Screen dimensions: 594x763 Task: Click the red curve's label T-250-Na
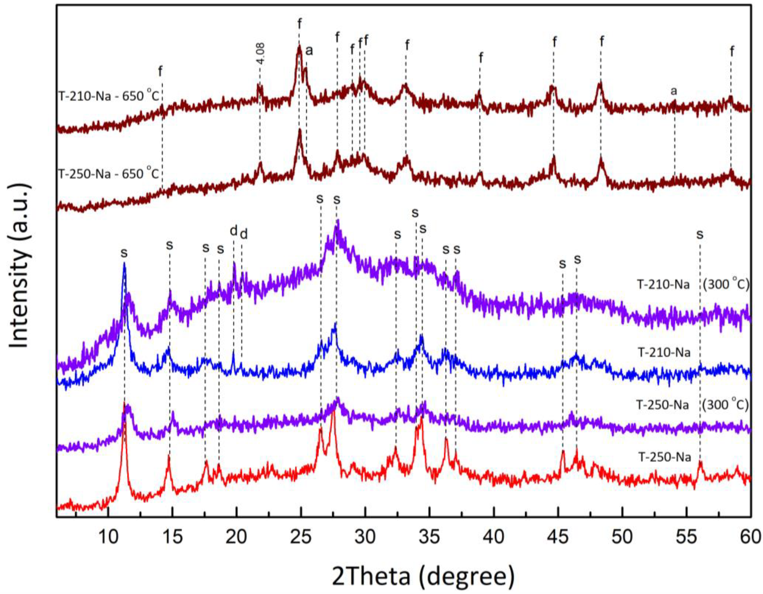tap(664, 457)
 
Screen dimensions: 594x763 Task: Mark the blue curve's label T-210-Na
tap(664, 353)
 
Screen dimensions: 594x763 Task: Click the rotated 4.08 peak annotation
tap(261, 53)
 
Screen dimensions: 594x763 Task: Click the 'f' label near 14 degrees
tap(160, 72)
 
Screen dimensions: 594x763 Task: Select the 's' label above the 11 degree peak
tap(124, 253)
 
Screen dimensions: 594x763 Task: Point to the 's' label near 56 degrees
tap(699, 234)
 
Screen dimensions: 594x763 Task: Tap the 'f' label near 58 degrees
tap(732, 52)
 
